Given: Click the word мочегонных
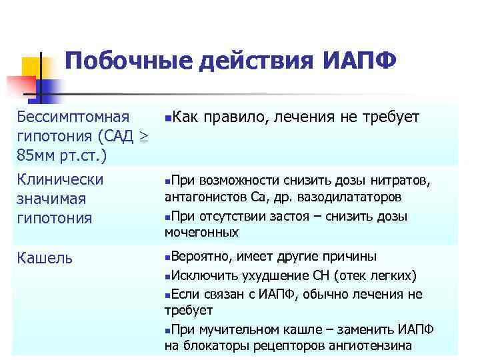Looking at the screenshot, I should pos(202,233).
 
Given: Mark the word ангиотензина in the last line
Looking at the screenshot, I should pos(374,345).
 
